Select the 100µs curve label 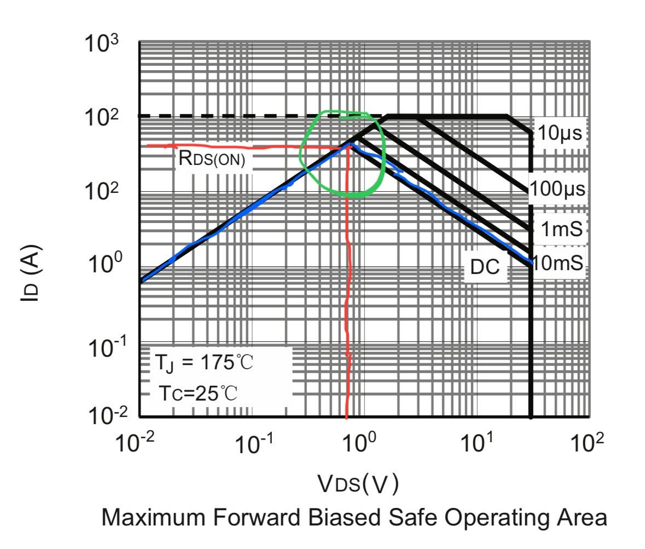(x=557, y=189)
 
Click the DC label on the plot (x=485, y=267)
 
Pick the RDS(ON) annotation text (x=212, y=159)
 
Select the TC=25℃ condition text (x=199, y=393)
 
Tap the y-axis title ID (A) (x=32, y=274)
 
